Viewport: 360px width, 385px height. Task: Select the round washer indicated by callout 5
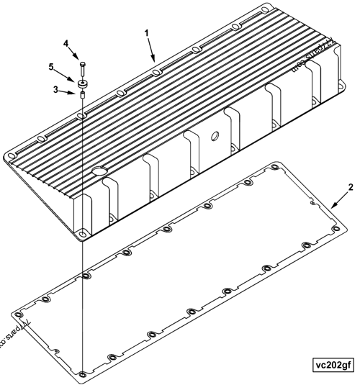point(83,81)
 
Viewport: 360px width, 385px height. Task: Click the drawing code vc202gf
point(333,365)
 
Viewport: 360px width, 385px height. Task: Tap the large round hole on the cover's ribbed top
point(99,171)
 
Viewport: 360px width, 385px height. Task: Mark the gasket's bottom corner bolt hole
point(82,372)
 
